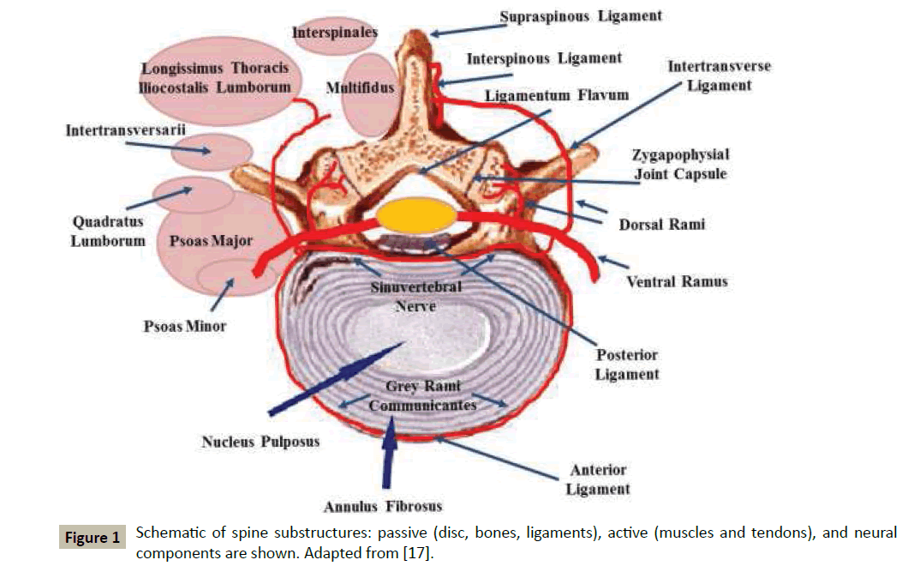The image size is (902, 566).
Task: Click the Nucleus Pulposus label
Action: [260, 442]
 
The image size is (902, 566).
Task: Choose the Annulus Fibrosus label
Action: [383, 505]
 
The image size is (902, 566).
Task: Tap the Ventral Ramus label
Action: [677, 280]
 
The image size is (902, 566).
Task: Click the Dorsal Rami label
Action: [662, 225]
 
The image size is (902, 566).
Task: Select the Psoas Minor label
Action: [185, 326]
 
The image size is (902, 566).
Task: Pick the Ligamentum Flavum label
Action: [557, 94]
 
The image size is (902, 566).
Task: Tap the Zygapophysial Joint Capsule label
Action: [681, 165]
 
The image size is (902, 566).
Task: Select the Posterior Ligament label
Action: [628, 364]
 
